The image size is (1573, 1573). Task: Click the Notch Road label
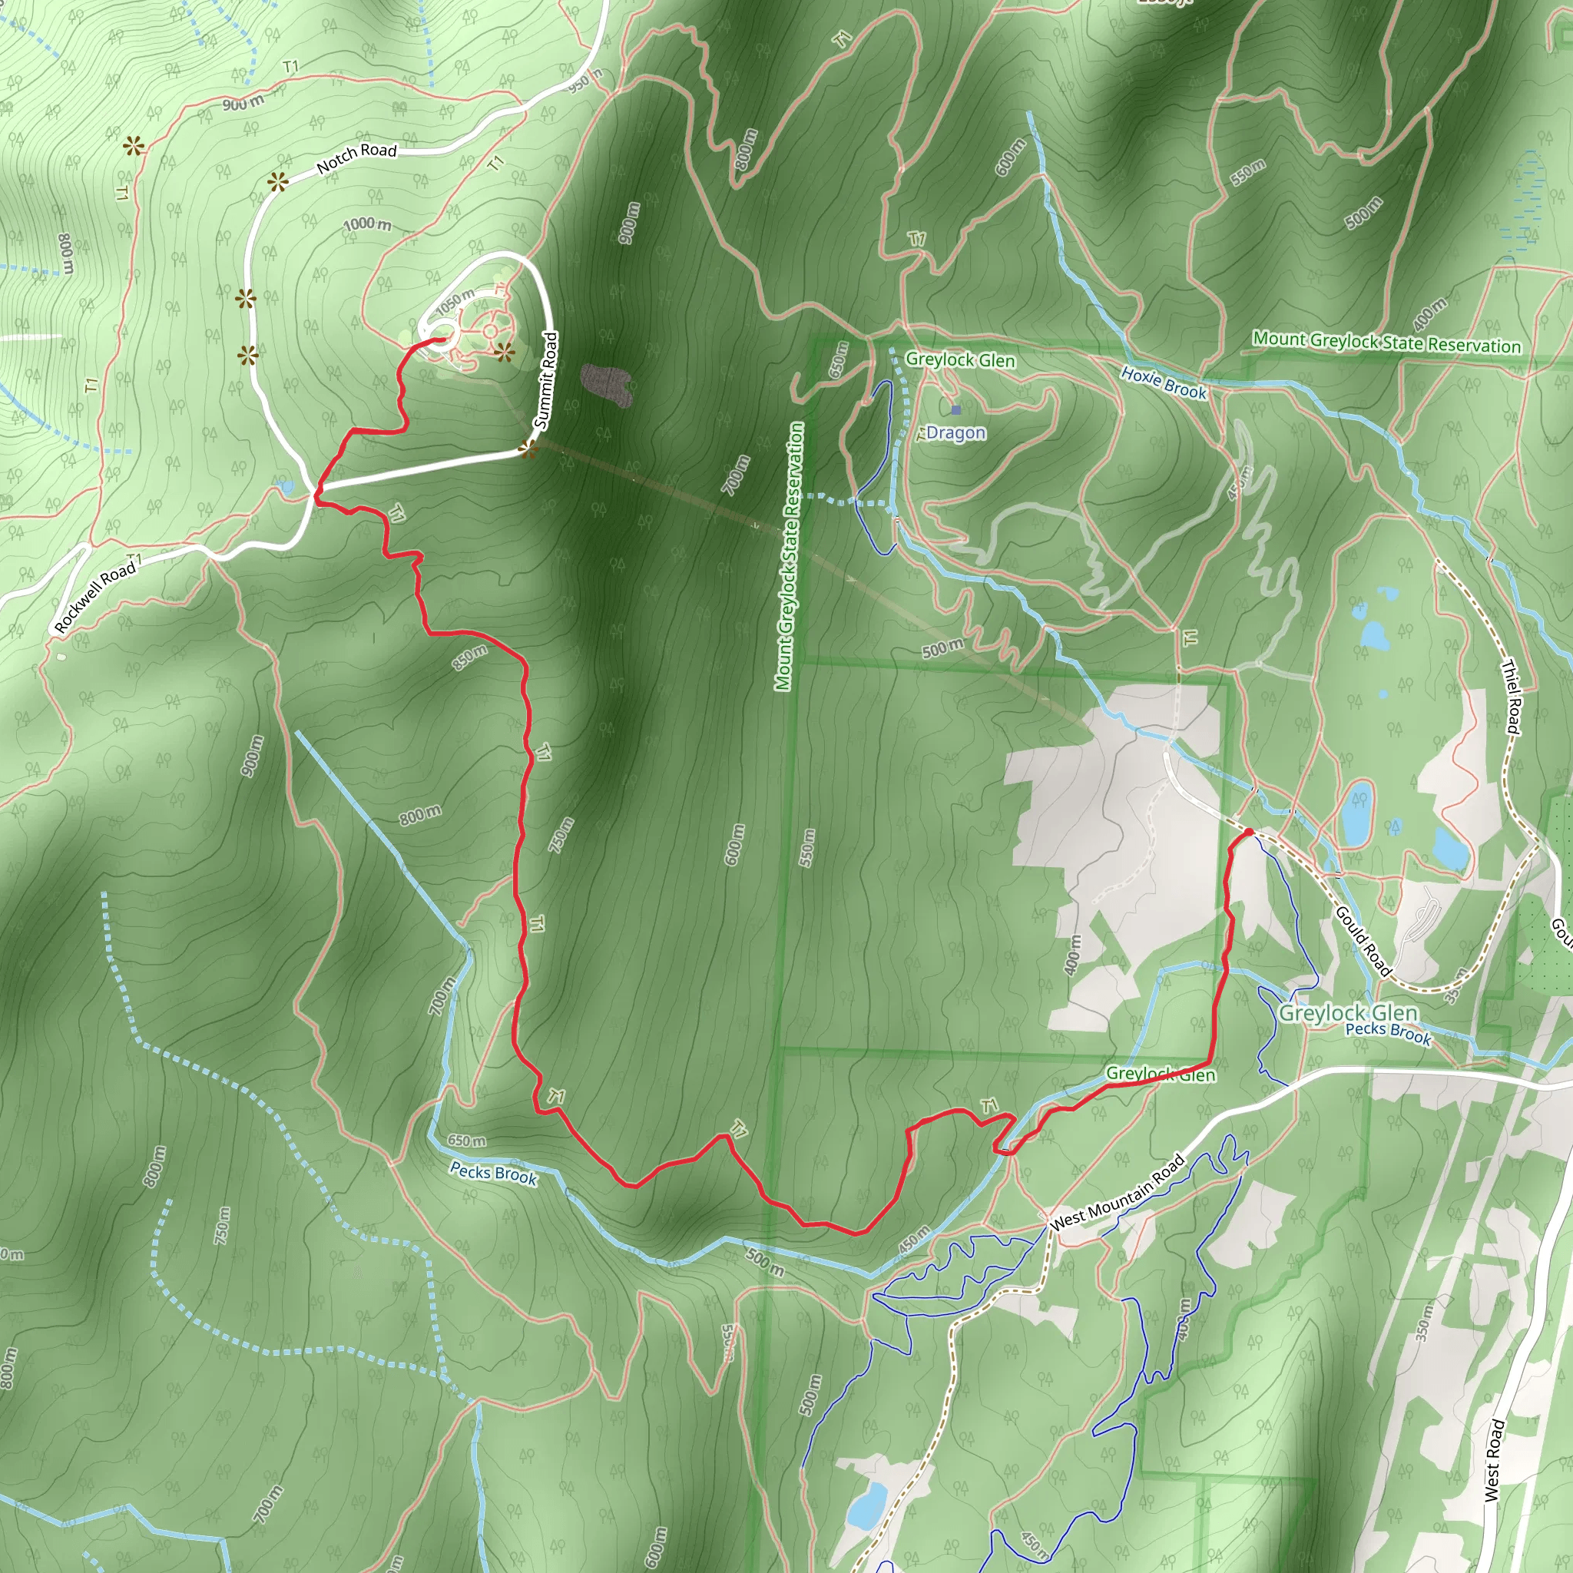356,158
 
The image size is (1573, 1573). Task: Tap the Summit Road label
546,380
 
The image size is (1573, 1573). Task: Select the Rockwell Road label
95,597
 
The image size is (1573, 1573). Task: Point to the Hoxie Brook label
1164,382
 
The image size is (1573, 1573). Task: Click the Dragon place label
955,432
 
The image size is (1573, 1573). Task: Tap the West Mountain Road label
1118,1193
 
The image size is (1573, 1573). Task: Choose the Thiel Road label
1511,696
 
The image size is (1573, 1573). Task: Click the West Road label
1494,1461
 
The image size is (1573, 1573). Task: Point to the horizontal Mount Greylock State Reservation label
1386,342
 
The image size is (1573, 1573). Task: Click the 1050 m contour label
455,302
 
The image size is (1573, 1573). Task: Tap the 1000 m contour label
366,224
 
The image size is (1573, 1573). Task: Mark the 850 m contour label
470,657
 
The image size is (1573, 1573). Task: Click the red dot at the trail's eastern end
1248,832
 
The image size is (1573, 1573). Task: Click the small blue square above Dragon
955,409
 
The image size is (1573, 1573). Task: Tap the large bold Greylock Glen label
1348,1013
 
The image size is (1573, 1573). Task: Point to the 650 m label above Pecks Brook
466,1141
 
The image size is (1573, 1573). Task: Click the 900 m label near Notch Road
243,103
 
